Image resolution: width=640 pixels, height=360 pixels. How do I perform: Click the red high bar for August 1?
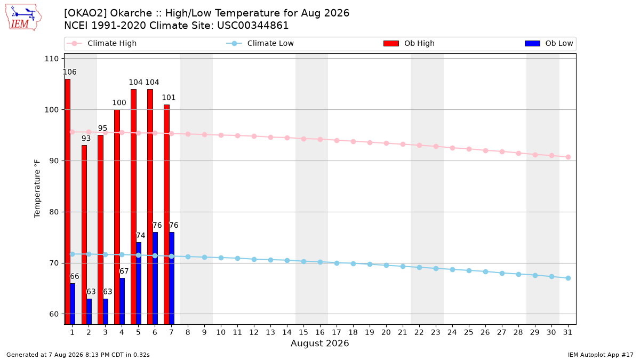pos(67,202)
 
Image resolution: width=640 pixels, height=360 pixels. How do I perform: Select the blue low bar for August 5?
pos(139,283)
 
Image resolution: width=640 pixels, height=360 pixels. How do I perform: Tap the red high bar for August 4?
pos(117,217)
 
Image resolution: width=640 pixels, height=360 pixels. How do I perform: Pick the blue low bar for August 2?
pos(89,311)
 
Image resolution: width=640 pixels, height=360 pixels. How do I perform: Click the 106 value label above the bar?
pos(70,72)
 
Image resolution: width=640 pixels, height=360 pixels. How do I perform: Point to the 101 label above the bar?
pos(169,98)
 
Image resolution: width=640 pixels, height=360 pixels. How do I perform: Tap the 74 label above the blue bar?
pos(141,235)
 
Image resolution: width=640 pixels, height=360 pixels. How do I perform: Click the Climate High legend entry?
pos(102,43)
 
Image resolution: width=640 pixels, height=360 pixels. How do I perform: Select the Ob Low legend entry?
pos(549,43)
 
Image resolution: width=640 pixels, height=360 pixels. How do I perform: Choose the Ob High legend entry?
pos(409,43)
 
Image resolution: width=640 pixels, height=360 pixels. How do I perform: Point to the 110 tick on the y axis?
pos(51,59)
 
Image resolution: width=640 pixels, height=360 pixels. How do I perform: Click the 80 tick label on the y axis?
pos(54,212)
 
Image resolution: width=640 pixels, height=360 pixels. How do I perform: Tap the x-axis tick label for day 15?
pos(303,332)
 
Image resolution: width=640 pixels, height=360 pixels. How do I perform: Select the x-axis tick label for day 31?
pos(567,332)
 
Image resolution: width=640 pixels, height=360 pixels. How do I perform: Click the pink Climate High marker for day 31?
pos(569,157)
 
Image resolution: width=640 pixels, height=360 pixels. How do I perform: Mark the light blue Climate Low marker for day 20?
pos(386,266)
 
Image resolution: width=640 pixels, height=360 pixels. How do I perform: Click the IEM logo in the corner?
pos(23,18)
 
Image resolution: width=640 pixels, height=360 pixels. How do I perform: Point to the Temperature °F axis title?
pos(37,189)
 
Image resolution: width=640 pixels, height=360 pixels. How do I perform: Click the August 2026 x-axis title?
pos(319,343)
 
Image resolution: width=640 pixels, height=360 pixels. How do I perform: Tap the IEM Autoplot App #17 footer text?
pos(601,355)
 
